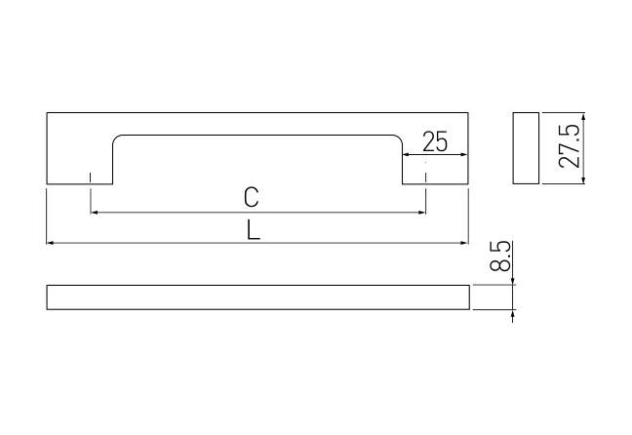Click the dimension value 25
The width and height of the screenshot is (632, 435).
(435, 141)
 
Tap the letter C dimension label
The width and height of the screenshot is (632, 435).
(251, 197)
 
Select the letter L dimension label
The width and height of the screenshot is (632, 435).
(254, 230)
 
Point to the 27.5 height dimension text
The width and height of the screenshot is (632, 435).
(570, 146)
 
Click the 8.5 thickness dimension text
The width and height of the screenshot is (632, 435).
(500, 256)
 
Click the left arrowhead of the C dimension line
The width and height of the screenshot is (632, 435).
(94, 212)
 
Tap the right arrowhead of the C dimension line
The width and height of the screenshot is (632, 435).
(422, 212)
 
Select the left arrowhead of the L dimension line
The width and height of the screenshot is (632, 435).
(51, 243)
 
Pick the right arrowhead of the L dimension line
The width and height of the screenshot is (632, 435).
(464, 243)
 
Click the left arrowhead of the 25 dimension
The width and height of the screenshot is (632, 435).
(407, 154)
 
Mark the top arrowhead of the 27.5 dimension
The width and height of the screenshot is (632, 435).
(583, 116)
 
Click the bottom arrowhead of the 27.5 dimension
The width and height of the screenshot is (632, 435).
(583, 179)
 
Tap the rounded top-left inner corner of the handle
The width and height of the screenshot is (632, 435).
(116, 138)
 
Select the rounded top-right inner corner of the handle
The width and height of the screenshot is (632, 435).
(399, 138)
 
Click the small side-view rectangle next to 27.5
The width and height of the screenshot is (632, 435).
(526, 148)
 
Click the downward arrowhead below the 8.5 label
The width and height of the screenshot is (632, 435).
(512, 281)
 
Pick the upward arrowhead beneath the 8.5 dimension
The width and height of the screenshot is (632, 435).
(512, 313)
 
